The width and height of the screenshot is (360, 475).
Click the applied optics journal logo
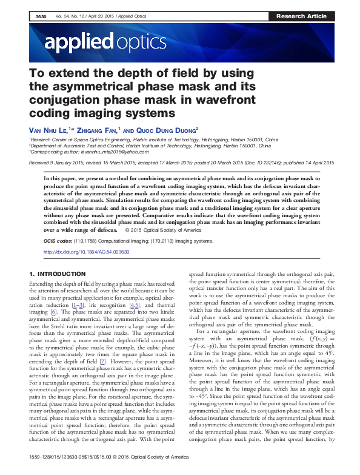point(104,42)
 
